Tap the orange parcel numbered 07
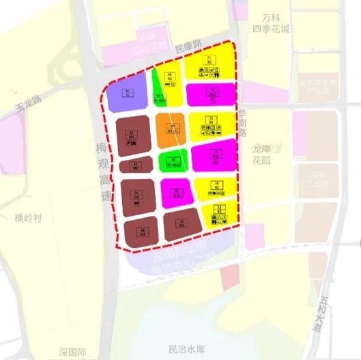(172, 128)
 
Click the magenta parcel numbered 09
(177, 193)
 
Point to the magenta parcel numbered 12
(212, 92)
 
